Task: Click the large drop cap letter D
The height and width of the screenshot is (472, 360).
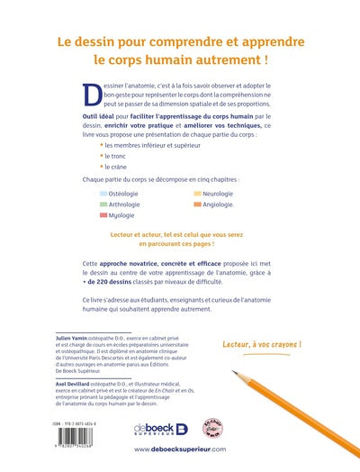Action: [91, 91]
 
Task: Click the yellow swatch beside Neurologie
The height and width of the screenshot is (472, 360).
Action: [196, 193]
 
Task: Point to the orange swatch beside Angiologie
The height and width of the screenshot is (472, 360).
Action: [196, 204]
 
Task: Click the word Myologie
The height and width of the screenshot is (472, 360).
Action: [125, 216]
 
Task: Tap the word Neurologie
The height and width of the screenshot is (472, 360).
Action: [220, 193]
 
